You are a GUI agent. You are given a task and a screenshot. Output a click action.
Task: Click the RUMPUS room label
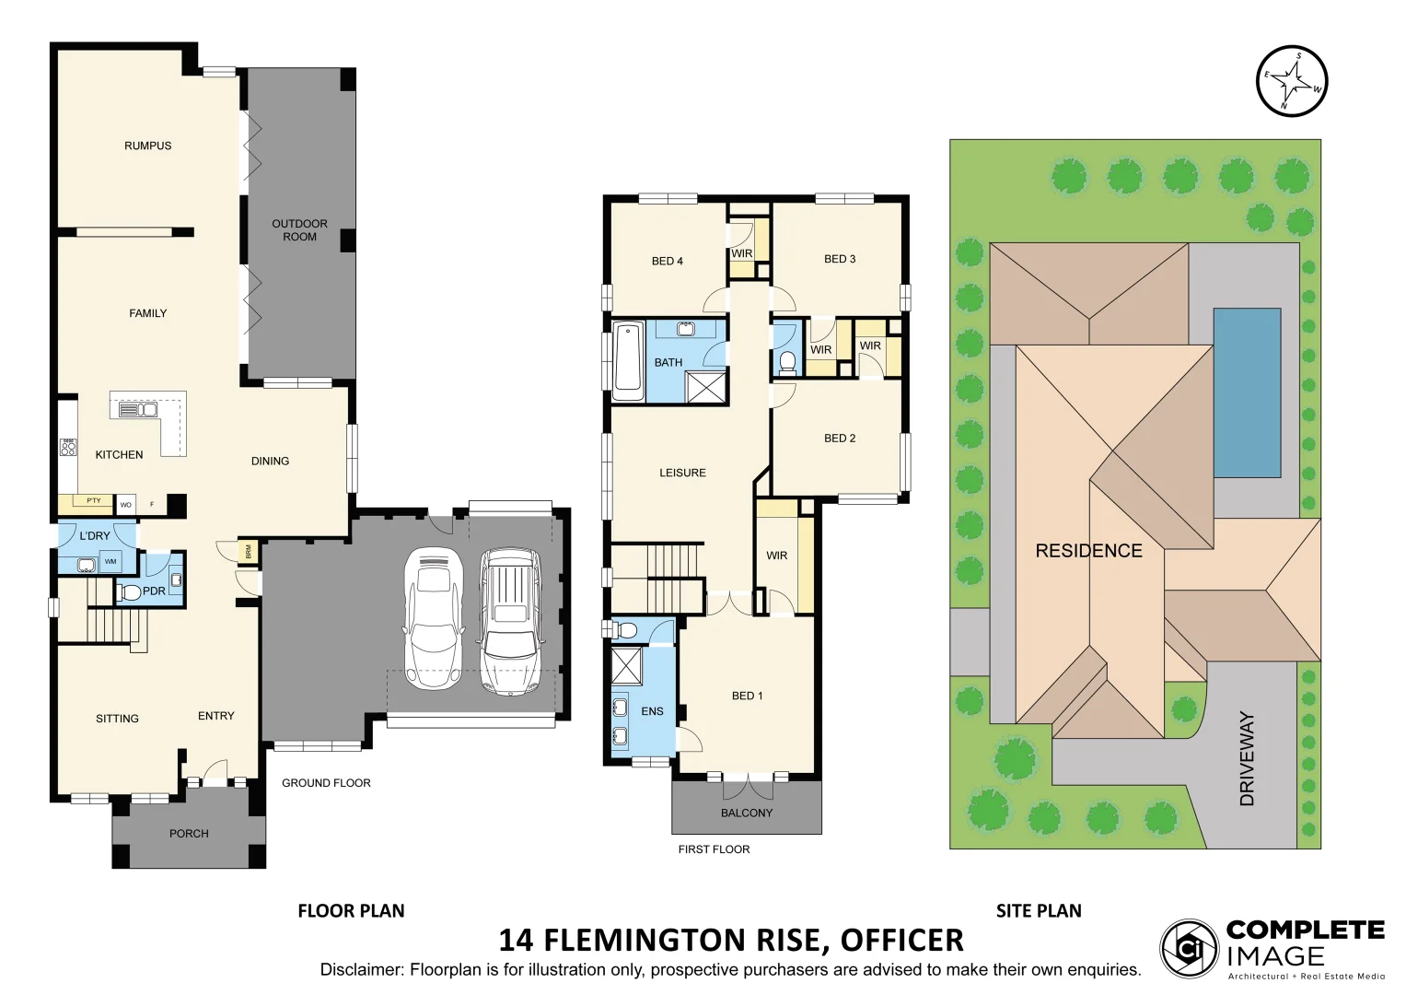click(x=147, y=146)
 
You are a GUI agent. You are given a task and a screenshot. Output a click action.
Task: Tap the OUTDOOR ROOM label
click(x=299, y=230)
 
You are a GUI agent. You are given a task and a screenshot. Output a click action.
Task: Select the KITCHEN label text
click(x=119, y=454)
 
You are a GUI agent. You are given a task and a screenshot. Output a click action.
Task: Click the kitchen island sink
click(x=139, y=409)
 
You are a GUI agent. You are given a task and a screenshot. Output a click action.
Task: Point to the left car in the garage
click(x=433, y=618)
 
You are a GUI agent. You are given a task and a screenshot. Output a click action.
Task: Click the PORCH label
click(x=189, y=833)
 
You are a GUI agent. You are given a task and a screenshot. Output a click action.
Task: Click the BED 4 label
click(x=667, y=261)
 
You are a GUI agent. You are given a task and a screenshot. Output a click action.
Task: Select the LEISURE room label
click(x=682, y=473)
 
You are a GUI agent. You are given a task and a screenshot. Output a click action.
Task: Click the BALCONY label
click(x=746, y=813)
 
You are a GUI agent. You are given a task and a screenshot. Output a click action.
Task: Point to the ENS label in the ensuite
click(x=652, y=711)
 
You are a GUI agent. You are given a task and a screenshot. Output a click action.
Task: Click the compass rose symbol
click(x=1292, y=81)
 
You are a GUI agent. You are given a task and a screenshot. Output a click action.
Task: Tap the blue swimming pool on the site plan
click(x=1247, y=392)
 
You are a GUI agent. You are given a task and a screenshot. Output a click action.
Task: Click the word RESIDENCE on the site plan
click(x=1088, y=551)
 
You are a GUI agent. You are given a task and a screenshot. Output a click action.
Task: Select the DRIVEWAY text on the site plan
click(x=1248, y=758)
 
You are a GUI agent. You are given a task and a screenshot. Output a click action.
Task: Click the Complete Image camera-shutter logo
click(x=1189, y=948)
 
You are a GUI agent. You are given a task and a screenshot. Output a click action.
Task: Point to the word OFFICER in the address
click(x=901, y=940)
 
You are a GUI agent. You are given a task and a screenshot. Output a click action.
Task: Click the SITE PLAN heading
click(x=1039, y=910)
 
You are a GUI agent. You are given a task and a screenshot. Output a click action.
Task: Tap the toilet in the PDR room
click(x=131, y=591)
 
